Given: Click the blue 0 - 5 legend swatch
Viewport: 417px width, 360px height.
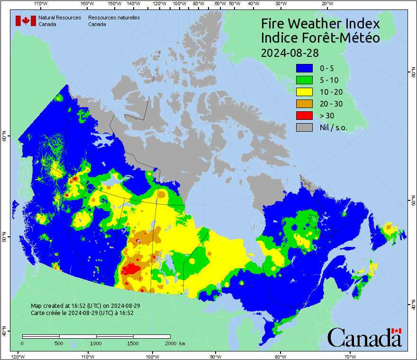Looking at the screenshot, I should tap(304, 68).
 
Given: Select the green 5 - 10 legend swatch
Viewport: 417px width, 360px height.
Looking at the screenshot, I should tap(304, 80).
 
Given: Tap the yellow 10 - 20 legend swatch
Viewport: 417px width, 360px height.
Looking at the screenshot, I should tap(304, 92).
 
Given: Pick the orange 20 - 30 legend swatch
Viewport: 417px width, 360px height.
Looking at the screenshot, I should tap(304, 104).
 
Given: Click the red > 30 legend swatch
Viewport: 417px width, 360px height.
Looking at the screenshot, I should tap(304, 116).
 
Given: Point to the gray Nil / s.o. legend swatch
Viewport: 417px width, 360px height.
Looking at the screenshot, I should tap(304, 127).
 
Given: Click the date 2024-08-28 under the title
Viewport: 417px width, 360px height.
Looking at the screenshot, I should tap(290, 52).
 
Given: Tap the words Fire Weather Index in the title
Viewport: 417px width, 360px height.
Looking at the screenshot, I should tap(320, 24).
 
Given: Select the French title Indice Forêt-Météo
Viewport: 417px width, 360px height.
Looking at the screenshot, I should tap(320, 38).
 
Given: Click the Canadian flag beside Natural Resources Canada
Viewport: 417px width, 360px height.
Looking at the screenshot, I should tap(26, 21).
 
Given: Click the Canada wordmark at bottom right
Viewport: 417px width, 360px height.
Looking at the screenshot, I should tap(364, 337).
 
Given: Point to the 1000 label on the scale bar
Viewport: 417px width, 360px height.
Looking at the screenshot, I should tap(96, 343).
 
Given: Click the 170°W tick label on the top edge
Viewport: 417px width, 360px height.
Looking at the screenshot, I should tap(41, 4).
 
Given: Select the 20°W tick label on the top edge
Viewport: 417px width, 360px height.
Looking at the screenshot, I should tap(326, 4).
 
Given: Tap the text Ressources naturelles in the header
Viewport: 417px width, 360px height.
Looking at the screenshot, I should tap(114, 18).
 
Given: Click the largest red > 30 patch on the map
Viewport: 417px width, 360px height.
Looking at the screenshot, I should tap(130, 270).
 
